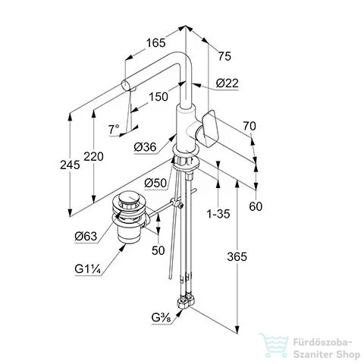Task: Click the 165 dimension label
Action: click(x=156, y=42)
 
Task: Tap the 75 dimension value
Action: click(x=224, y=56)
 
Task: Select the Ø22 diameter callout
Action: click(x=227, y=83)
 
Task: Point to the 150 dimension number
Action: click(x=158, y=96)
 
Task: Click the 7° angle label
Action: click(x=114, y=130)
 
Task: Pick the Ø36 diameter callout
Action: click(x=145, y=147)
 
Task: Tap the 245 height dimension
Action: click(x=70, y=165)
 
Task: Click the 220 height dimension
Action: click(x=93, y=156)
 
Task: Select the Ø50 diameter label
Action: click(x=155, y=183)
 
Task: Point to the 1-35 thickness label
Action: click(x=218, y=214)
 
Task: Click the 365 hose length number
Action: click(x=237, y=257)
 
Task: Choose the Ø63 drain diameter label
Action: click(x=86, y=237)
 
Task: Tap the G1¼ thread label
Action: click(x=88, y=268)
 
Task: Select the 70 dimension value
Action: click(x=249, y=126)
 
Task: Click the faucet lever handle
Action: click(x=208, y=129)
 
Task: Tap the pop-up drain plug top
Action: click(x=130, y=198)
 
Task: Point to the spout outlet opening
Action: click(x=125, y=84)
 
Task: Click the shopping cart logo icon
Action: click(x=274, y=345)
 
